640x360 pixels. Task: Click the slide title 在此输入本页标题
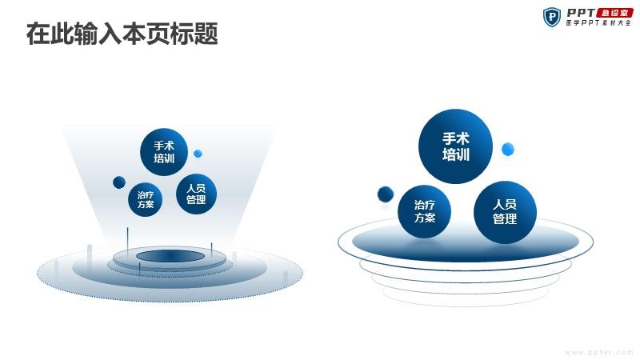click(122, 34)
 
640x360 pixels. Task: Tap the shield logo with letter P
click(551, 17)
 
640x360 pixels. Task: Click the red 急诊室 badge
click(614, 13)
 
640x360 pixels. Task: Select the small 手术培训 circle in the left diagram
click(164, 152)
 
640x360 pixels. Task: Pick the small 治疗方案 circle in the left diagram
click(146, 199)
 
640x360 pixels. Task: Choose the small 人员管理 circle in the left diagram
click(196, 194)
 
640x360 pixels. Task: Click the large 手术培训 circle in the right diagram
click(455, 146)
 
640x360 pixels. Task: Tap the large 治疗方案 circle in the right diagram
click(425, 211)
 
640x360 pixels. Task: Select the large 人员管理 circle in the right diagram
click(505, 212)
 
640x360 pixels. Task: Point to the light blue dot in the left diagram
click(198, 154)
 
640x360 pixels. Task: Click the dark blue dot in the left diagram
click(119, 182)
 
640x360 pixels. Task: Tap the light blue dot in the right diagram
click(508, 150)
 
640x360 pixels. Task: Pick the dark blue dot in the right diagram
click(386, 194)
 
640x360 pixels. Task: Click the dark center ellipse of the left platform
click(170, 256)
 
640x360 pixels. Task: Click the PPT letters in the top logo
click(581, 13)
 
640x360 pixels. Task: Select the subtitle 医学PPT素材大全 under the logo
click(598, 23)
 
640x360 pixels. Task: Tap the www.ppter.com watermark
click(599, 352)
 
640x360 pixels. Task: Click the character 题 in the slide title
click(206, 34)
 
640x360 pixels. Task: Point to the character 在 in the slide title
click(38, 34)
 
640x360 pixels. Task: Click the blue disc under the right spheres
click(466, 242)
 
